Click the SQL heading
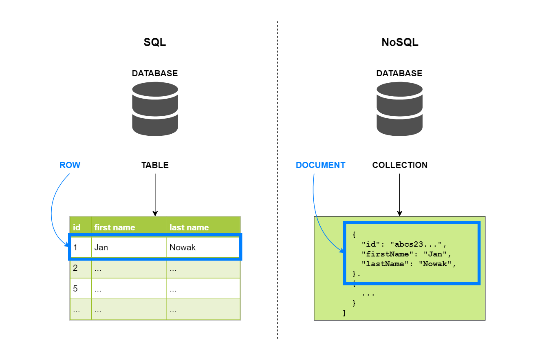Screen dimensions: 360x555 pyautogui.click(x=155, y=42)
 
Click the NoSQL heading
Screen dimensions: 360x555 pyautogui.click(x=400, y=42)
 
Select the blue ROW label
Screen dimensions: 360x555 pyautogui.click(x=70, y=165)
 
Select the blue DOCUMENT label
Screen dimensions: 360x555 pyautogui.click(x=320, y=165)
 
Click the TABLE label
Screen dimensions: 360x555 pyautogui.click(x=155, y=165)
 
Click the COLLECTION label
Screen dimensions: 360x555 pyautogui.click(x=400, y=165)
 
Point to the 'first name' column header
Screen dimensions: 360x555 pyautogui.click(x=115, y=227)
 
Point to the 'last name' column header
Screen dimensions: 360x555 pyautogui.click(x=189, y=227)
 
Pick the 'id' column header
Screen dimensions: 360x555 pyautogui.click(x=77, y=227)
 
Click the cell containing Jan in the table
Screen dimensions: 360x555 pyautogui.click(x=101, y=247)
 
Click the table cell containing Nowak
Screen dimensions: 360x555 pyautogui.click(x=183, y=247)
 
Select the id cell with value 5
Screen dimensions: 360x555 pyautogui.click(x=75, y=289)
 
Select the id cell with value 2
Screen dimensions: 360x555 pyautogui.click(x=75, y=268)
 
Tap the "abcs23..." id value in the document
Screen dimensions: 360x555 pyautogui.click(x=416, y=245)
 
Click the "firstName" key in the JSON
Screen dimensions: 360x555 pyautogui.click(x=385, y=254)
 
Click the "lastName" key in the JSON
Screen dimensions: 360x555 pyautogui.click(x=383, y=264)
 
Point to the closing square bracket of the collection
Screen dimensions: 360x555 pyautogui.click(x=344, y=313)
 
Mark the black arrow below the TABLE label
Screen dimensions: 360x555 pyautogui.click(x=155, y=194)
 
